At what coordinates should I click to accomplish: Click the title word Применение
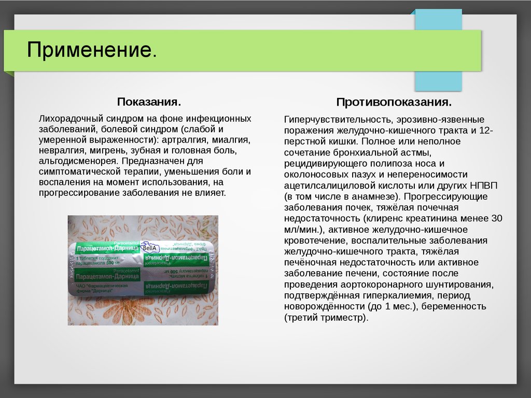click(x=91, y=51)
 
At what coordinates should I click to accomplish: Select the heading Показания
click(x=149, y=101)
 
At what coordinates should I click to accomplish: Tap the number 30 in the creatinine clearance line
click(x=497, y=218)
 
